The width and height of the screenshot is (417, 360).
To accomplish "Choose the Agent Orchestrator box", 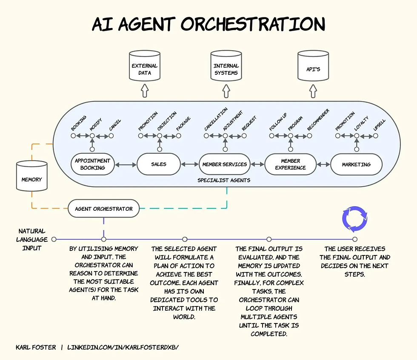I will point(104,209).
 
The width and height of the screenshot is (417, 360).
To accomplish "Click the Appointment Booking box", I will point(92,164).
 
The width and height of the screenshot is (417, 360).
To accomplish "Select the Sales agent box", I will point(158,164).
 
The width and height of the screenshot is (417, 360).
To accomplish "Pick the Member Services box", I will point(224,164).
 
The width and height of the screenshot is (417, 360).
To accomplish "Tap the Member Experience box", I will point(290,164).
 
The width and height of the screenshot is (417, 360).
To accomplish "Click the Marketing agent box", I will point(356,164).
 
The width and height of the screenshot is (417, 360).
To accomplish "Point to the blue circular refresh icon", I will point(354,219).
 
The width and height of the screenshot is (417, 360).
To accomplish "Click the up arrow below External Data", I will point(144,91).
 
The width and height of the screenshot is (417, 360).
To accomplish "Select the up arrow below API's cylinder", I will point(313,91).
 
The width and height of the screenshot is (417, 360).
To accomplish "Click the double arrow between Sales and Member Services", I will point(189,164).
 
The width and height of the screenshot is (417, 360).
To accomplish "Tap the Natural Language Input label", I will point(32,239).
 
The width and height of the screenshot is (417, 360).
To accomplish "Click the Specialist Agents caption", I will point(224,180).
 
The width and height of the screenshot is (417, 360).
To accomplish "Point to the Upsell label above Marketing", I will point(379,125).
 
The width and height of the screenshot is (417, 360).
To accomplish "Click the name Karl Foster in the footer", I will point(36,347).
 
